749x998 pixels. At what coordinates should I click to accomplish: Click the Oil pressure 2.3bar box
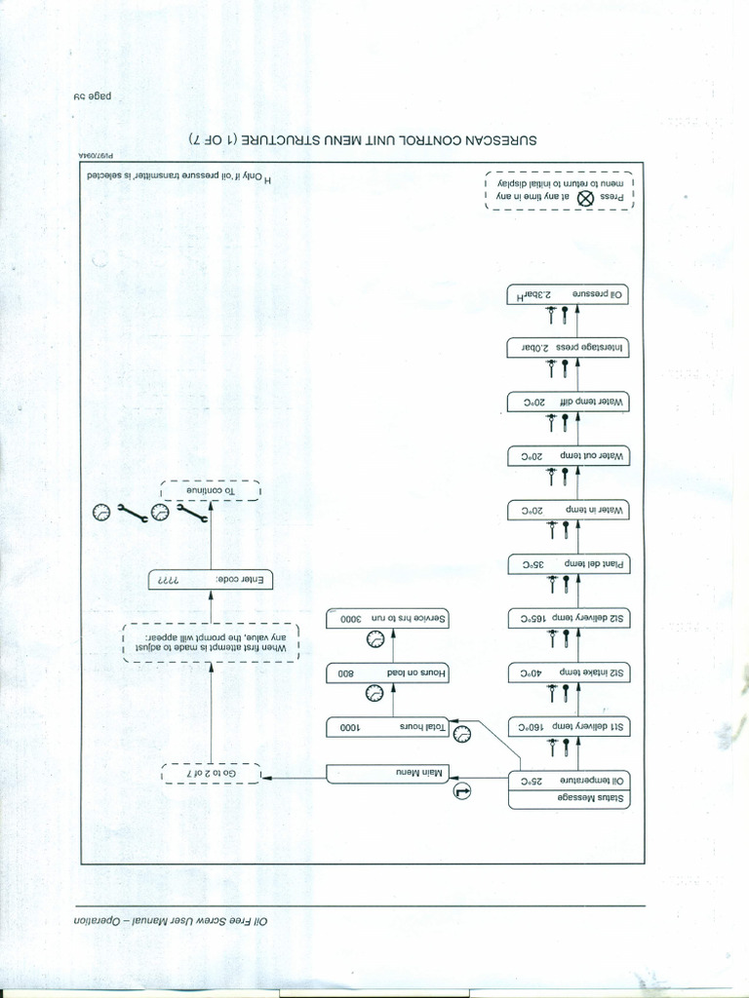(x=568, y=293)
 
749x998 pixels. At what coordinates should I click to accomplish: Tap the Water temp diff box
(x=568, y=402)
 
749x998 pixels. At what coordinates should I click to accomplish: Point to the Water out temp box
(x=568, y=456)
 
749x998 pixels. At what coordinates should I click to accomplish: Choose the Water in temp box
(x=568, y=510)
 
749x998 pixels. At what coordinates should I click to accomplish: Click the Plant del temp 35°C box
(x=568, y=564)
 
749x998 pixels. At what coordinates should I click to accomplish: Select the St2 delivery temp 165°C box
(x=568, y=618)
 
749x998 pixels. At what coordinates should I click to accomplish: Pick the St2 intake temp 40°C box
(x=568, y=672)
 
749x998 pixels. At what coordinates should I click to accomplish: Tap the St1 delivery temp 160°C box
(x=568, y=726)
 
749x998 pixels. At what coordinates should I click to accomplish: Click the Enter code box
(x=210, y=580)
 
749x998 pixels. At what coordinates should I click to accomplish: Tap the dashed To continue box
(x=210, y=490)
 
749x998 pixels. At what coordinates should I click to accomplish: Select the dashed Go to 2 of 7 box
(x=210, y=774)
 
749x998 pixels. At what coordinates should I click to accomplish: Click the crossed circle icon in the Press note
(x=586, y=197)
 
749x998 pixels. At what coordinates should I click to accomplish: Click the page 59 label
(x=94, y=96)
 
